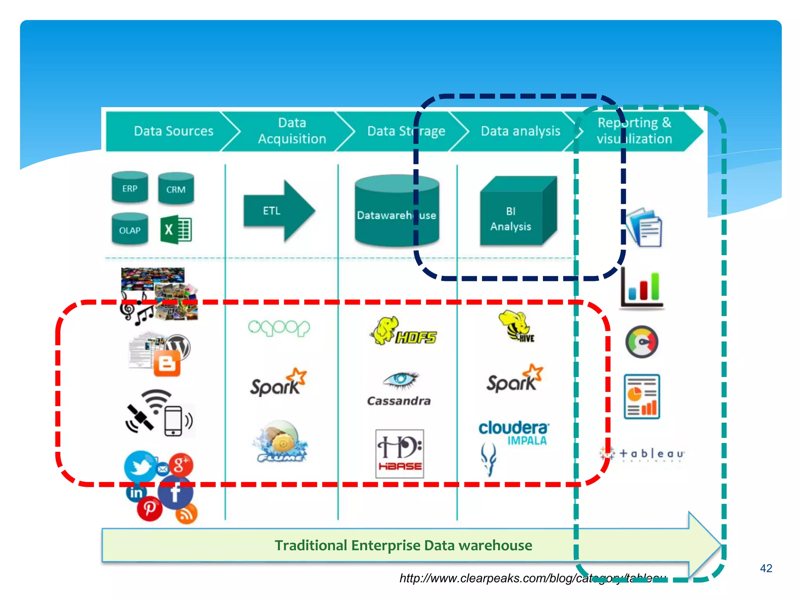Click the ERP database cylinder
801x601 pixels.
point(129,188)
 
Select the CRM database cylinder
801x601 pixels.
point(176,189)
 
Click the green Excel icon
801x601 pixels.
point(176,230)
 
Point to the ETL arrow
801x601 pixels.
point(278,211)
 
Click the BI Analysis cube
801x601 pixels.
point(516,213)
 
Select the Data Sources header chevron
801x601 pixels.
point(173,131)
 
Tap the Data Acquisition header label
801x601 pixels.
point(292,131)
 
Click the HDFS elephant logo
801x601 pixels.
point(403,332)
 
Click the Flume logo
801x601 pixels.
point(280,442)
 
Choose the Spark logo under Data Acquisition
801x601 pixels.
point(278,383)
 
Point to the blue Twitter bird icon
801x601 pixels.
point(139,466)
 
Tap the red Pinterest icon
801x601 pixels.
point(149,509)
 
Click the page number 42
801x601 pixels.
point(766,568)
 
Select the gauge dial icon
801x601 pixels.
point(641,342)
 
